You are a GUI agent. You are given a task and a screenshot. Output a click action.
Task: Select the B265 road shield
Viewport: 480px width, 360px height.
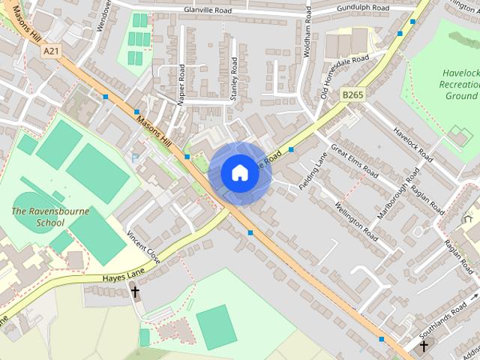point(352,94)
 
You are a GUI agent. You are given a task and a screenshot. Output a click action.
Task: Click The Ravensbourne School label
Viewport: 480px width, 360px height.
point(50,217)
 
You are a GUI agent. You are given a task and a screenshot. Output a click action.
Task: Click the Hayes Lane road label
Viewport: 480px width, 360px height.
point(123,277)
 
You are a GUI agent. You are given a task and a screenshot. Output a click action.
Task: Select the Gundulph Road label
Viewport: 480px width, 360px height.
point(362,8)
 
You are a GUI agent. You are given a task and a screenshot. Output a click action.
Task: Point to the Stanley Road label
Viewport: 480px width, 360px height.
point(234,79)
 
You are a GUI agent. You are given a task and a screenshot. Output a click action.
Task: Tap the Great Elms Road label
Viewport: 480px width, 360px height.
point(354,158)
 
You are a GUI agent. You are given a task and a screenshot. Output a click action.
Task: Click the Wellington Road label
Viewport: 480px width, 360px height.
point(357,216)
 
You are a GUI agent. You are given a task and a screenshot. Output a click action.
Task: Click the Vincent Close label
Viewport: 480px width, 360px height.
point(143,245)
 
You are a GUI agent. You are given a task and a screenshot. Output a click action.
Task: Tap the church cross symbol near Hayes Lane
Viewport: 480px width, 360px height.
point(136,291)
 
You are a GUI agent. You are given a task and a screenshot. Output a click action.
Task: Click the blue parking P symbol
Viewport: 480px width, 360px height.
point(135,157)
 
